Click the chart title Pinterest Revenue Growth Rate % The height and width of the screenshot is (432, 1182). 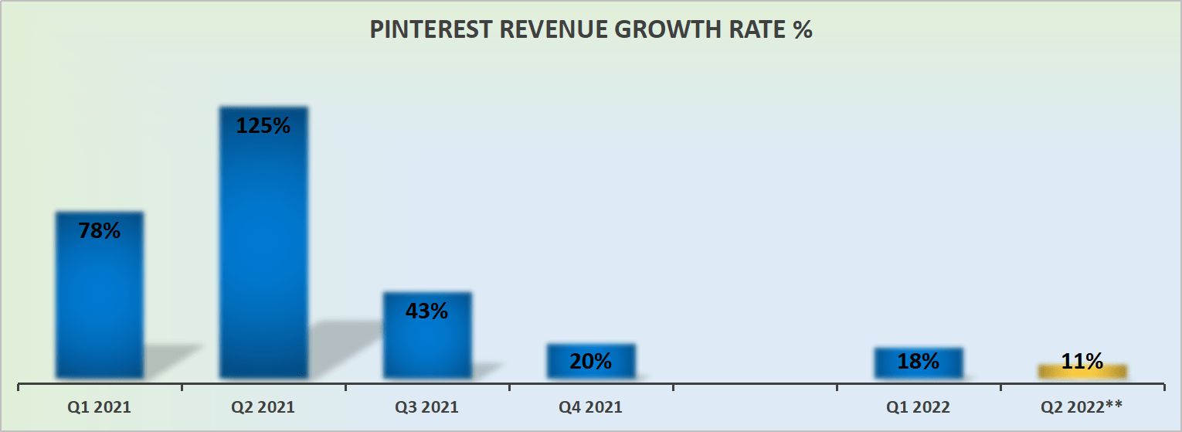[591, 29]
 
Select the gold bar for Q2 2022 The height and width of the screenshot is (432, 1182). [1082, 372]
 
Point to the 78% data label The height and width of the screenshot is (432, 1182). [99, 230]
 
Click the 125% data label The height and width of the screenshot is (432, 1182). [263, 125]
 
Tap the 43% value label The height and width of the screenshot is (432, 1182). [427, 311]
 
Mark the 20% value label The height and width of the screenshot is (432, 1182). [591, 361]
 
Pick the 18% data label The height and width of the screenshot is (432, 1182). [919, 361]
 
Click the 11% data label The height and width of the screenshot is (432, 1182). [1082, 360]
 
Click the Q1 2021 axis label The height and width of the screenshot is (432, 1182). [99, 406]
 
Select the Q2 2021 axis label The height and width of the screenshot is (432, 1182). [263, 406]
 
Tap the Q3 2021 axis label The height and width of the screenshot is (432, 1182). [427, 406]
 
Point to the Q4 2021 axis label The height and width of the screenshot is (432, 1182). [591, 406]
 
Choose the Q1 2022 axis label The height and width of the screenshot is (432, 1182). [919, 406]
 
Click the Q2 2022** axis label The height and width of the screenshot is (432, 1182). [1082, 406]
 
